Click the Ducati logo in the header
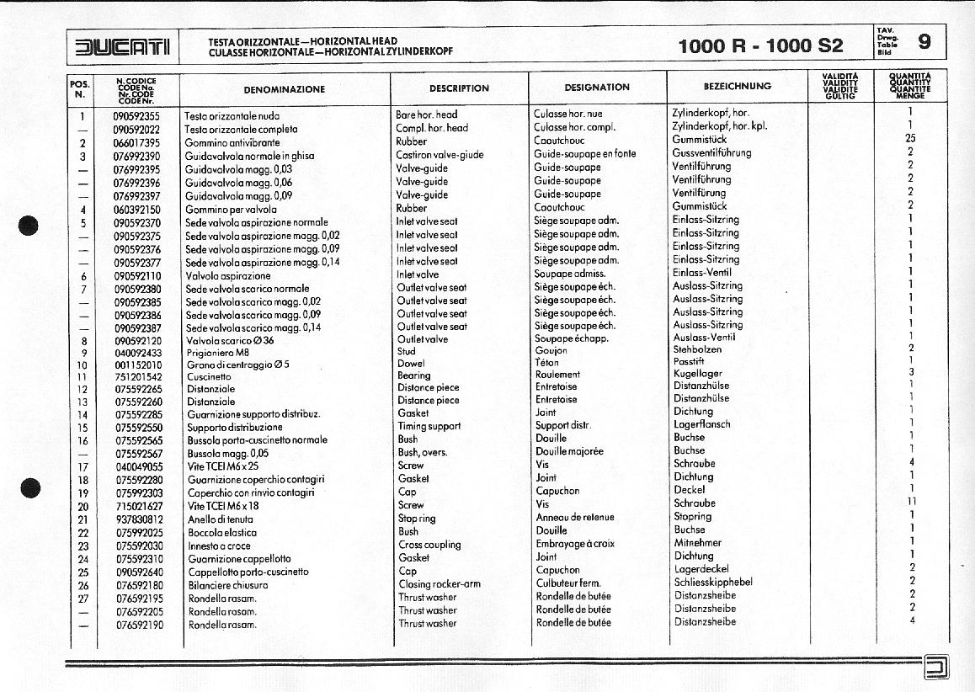pos(123,48)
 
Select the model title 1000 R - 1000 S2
pos(760,46)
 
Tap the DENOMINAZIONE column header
pos(284,88)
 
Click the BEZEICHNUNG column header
pos(737,86)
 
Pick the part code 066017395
pos(137,142)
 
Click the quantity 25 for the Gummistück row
pos(910,139)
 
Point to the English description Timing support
pos(429,426)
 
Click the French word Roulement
pos(557,375)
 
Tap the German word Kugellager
pos(697,373)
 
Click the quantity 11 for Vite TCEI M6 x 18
pos(911,502)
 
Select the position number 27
pos(83,599)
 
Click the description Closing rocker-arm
pos(440,584)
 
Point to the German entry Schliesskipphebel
pos(713,582)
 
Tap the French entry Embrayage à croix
pos(575,544)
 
